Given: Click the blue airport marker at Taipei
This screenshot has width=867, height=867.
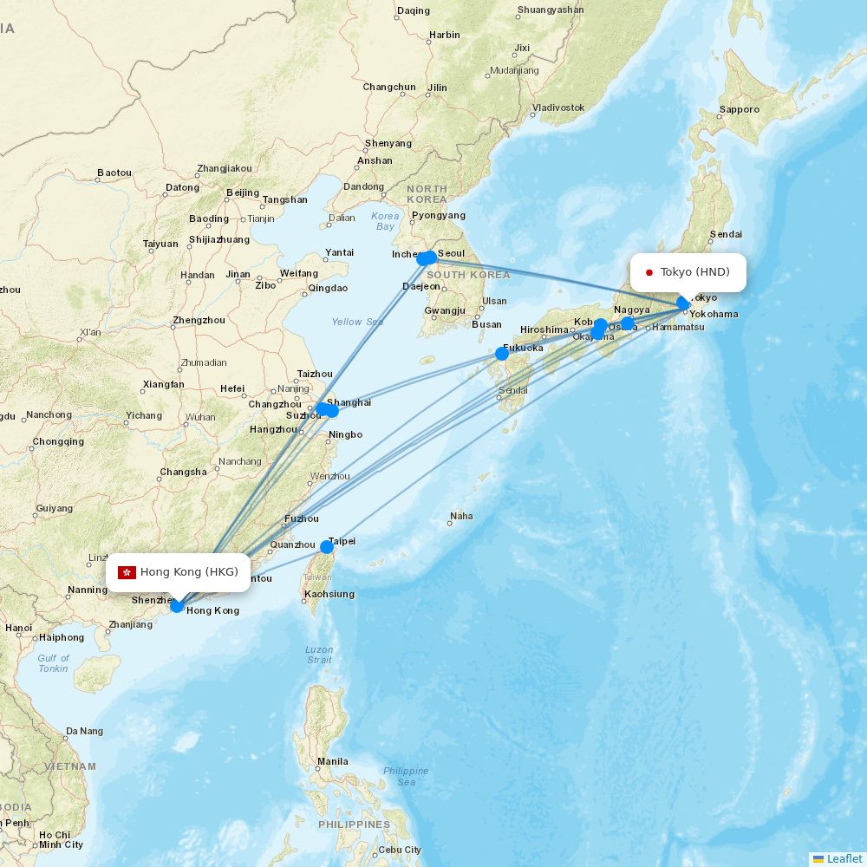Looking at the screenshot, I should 327,547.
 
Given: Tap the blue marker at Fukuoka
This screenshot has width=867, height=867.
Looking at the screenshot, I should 502,354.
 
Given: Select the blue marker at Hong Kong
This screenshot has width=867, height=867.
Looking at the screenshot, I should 177,606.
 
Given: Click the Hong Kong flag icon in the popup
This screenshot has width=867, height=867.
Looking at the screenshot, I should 127,572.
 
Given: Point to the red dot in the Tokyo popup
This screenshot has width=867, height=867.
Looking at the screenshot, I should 649,273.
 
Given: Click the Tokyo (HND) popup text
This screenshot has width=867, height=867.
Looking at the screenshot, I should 694,272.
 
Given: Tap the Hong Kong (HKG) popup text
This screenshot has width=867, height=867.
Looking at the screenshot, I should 188,571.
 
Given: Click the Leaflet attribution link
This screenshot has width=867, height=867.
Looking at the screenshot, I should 844,858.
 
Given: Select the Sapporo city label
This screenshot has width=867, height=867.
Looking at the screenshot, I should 739,110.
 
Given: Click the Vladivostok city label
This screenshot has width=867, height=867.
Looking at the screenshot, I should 558,108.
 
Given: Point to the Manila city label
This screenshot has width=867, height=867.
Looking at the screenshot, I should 333,762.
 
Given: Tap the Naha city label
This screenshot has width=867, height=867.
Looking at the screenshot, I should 461,516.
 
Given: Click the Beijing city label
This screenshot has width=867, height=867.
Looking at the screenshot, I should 242,192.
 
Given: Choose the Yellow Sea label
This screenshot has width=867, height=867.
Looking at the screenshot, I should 356,322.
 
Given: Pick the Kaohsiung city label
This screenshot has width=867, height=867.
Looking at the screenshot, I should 330,594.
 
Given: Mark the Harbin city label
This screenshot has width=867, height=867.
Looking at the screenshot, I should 444,36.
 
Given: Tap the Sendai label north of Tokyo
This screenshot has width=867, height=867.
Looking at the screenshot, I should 726,234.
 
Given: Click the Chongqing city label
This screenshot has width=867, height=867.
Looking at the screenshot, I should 58,442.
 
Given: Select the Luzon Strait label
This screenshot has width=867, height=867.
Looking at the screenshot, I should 319,655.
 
